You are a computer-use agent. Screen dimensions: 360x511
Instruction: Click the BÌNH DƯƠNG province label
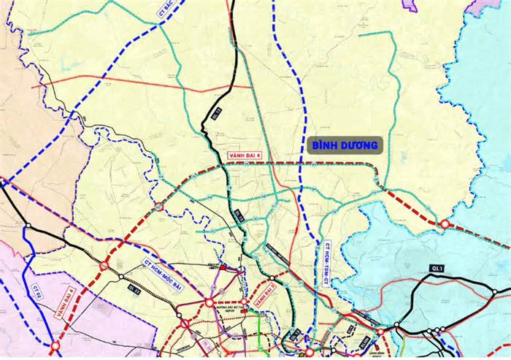click(x=345, y=145)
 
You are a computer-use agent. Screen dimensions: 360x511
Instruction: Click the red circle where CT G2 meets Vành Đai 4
click(x=55, y=345)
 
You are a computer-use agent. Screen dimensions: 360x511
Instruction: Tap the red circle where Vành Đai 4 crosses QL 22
click(x=104, y=266)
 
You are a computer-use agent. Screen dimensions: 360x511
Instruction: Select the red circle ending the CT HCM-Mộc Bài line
click(x=210, y=302)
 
